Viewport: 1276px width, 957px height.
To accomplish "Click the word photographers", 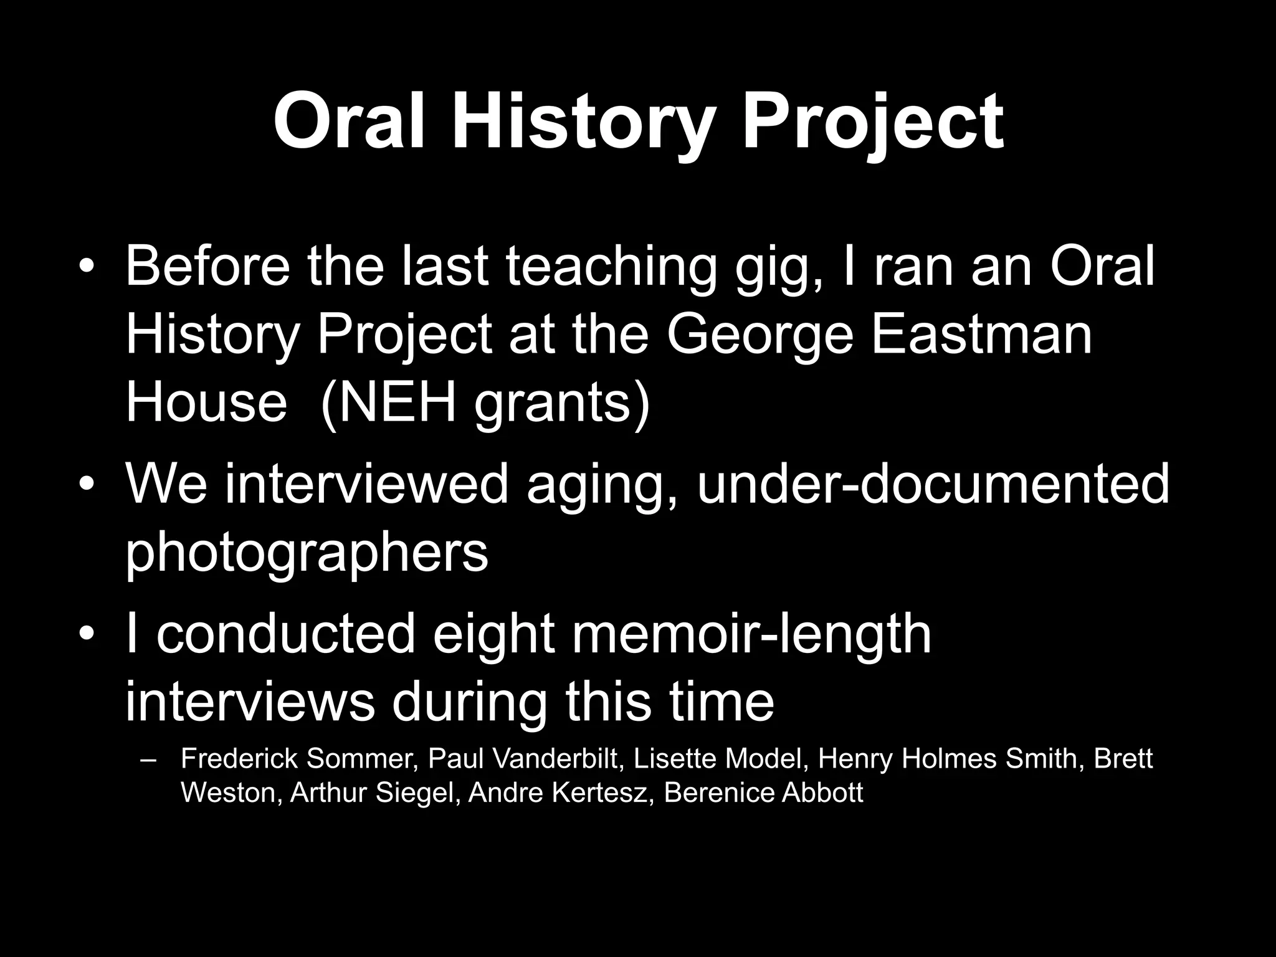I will [307, 553].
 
